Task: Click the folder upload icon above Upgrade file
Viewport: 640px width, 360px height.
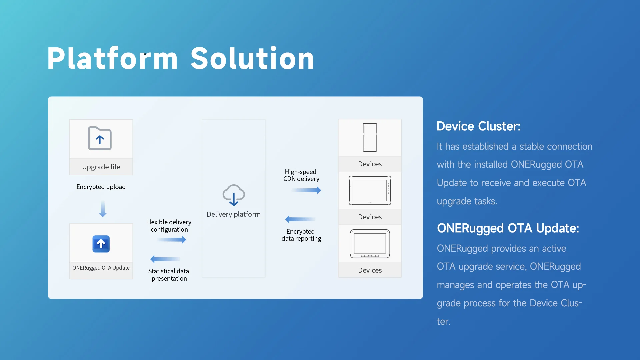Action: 100,138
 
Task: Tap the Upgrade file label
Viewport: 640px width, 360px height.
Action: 101,167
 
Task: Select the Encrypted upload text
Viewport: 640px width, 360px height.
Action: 101,187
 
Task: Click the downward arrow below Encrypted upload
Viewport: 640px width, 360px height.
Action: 103,209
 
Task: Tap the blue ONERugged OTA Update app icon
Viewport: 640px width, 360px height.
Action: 101,244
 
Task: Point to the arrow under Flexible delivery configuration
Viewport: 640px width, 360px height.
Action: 171,240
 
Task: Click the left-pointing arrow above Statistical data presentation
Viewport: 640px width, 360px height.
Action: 165,259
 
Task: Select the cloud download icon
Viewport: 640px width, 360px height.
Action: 234,195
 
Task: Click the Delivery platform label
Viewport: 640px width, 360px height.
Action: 234,214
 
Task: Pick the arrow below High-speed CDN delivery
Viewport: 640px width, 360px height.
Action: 306,190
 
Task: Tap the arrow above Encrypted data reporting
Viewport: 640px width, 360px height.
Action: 300,219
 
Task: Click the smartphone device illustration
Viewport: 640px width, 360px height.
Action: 370,138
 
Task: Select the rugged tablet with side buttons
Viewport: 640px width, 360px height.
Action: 370,190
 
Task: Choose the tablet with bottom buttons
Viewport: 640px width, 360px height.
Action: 370,244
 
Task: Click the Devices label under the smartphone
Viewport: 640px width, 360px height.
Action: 370,164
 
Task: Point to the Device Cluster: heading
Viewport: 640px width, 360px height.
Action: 479,126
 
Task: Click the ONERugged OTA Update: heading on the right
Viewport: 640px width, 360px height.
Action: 508,228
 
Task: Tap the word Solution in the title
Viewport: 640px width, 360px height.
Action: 252,58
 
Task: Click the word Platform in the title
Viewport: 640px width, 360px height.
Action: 113,58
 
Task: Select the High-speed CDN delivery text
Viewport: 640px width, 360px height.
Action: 301,175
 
